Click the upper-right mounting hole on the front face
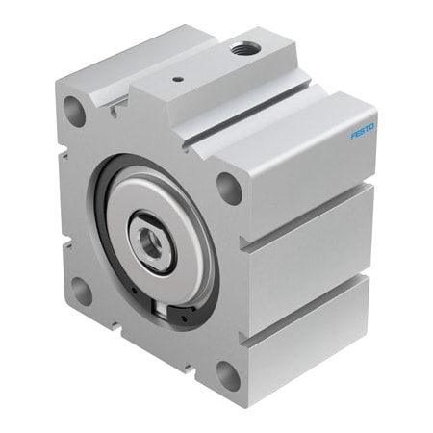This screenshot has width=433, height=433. click(228, 187)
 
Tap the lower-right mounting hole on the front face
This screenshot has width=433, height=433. click(228, 373)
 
